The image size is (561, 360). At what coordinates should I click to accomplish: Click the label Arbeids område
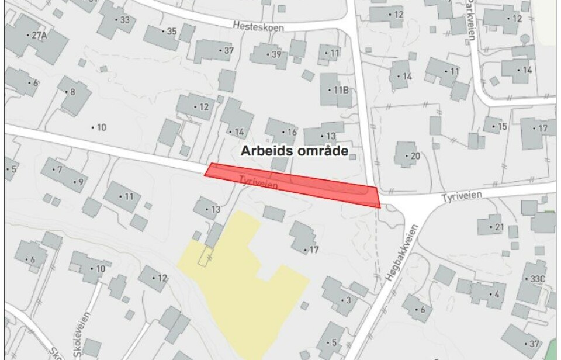point(295,151)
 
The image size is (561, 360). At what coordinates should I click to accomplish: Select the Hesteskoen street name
point(257,26)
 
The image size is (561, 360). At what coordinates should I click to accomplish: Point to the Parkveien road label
point(472,23)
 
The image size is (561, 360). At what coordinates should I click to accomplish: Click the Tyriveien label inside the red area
point(258,182)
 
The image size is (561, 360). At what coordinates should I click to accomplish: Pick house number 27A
point(39,35)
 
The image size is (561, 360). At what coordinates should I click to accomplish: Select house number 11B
point(341,90)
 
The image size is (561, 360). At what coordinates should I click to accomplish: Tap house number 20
point(415,155)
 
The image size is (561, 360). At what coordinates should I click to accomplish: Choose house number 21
point(498,227)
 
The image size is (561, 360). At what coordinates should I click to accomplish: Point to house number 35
point(171,31)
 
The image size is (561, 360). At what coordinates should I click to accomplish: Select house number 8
point(72,92)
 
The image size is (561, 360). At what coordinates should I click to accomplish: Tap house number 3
point(348,300)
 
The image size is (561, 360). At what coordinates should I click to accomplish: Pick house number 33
point(124,19)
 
